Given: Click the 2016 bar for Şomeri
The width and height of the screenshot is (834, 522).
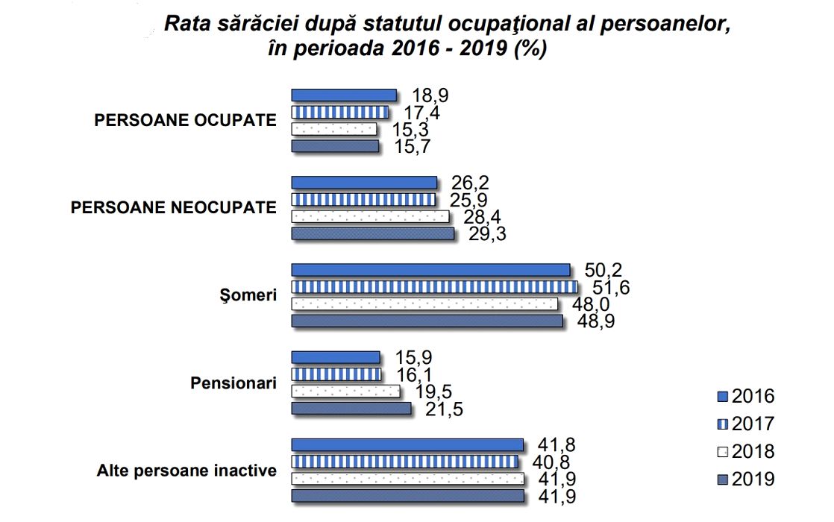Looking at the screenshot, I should pos(430,269).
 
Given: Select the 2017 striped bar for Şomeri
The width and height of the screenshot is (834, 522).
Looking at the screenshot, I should pos(433,286).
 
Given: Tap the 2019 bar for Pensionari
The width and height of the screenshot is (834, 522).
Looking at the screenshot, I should pos(351,409).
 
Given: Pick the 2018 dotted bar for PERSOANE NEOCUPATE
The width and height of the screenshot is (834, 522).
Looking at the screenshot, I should pos(370,216).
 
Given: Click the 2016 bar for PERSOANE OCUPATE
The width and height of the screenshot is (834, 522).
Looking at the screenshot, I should pos(343,95).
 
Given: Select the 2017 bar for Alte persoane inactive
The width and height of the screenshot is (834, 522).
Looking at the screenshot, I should pos(404,461).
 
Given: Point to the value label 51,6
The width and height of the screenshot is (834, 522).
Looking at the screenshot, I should pos(609,286).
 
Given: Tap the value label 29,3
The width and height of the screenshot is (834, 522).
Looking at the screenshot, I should pos(489,234).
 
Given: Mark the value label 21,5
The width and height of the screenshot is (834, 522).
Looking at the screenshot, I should pos(445,409).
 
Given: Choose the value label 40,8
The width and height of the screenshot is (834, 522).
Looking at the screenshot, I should pos(552,462).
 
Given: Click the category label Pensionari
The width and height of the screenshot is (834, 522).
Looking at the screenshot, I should pos(233,383).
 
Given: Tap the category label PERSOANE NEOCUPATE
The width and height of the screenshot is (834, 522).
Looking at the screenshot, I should pos(173,207).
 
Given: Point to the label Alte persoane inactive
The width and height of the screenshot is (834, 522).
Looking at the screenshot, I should pos(186,471).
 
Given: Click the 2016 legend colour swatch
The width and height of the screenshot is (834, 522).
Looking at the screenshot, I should pos(721,397).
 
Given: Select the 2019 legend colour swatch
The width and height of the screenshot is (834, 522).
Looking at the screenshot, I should pos(721,479).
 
